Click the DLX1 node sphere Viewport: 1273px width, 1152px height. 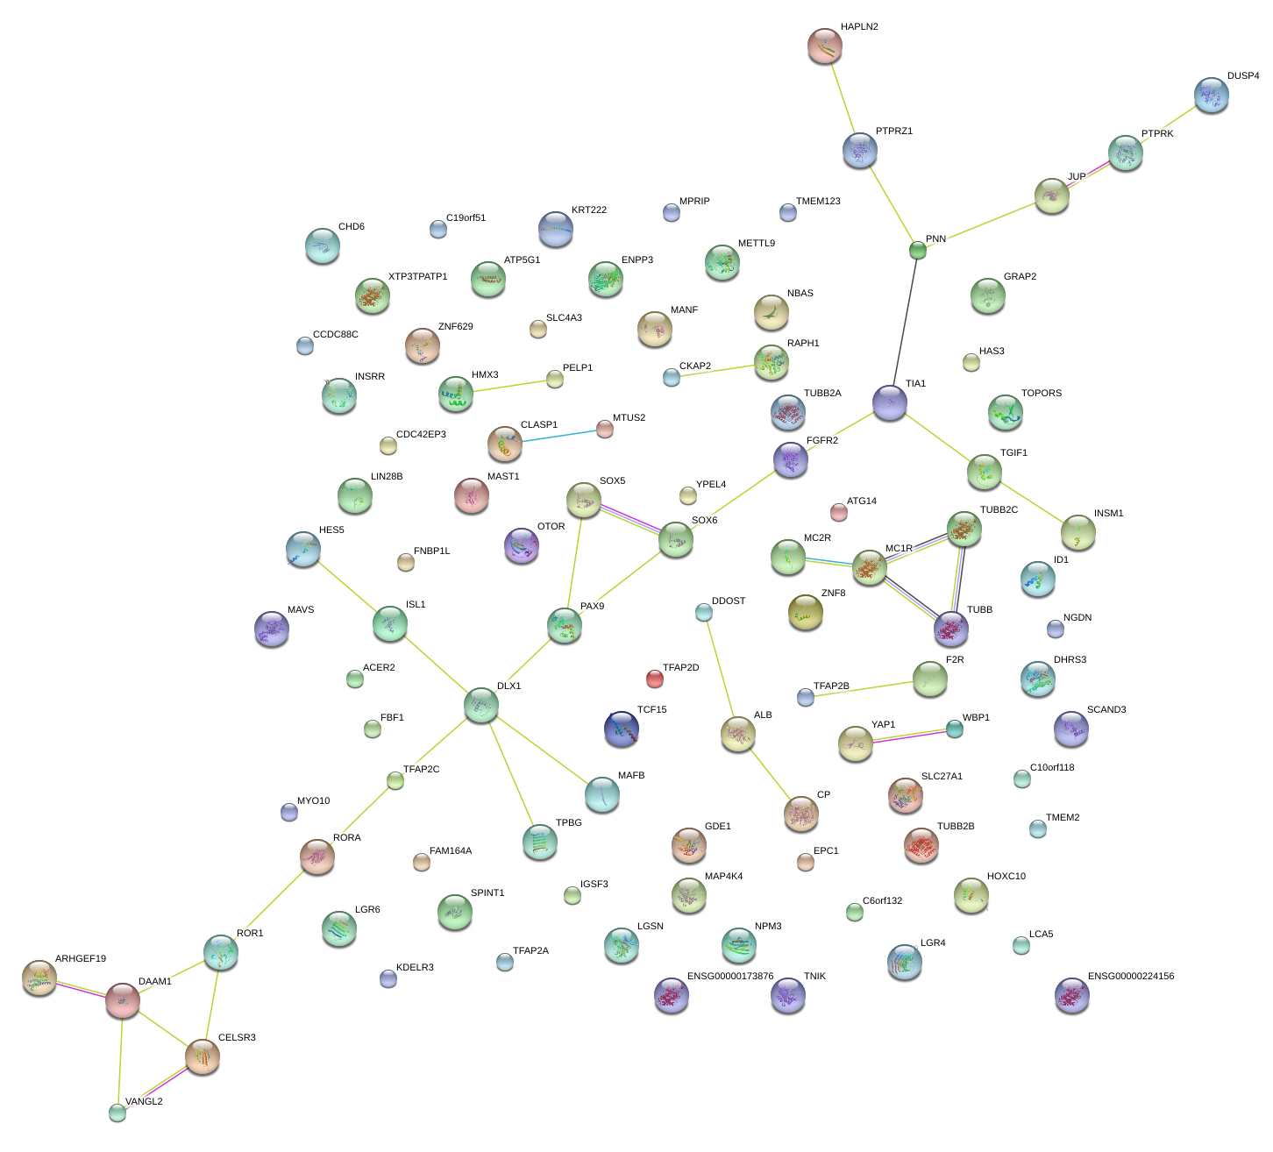[x=481, y=705]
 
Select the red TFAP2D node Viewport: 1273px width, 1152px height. [x=655, y=678]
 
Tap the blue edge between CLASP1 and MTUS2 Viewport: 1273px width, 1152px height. [x=555, y=436]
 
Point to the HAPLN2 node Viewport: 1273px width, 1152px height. [x=824, y=46]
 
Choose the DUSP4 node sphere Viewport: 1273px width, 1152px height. [x=1212, y=95]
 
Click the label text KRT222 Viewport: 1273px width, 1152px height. [x=589, y=210]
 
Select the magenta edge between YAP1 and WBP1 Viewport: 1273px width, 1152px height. [x=905, y=736]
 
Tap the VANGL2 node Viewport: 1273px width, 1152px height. [x=117, y=1113]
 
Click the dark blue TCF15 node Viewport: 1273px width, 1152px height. [x=622, y=729]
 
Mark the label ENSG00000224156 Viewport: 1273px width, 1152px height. [x=1131, y=977]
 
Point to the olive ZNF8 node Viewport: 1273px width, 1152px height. [x=806, y=612]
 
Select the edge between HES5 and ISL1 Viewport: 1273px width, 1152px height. [x=346, y=586]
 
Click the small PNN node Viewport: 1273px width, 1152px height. [x=918, y=251]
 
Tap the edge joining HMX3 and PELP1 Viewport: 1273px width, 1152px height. [x=505, y=387]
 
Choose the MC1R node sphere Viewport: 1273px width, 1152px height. [x=870, y=568]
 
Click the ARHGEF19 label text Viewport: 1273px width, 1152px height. [x=81, y=959]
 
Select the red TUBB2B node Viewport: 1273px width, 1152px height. [x=921, y=845]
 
